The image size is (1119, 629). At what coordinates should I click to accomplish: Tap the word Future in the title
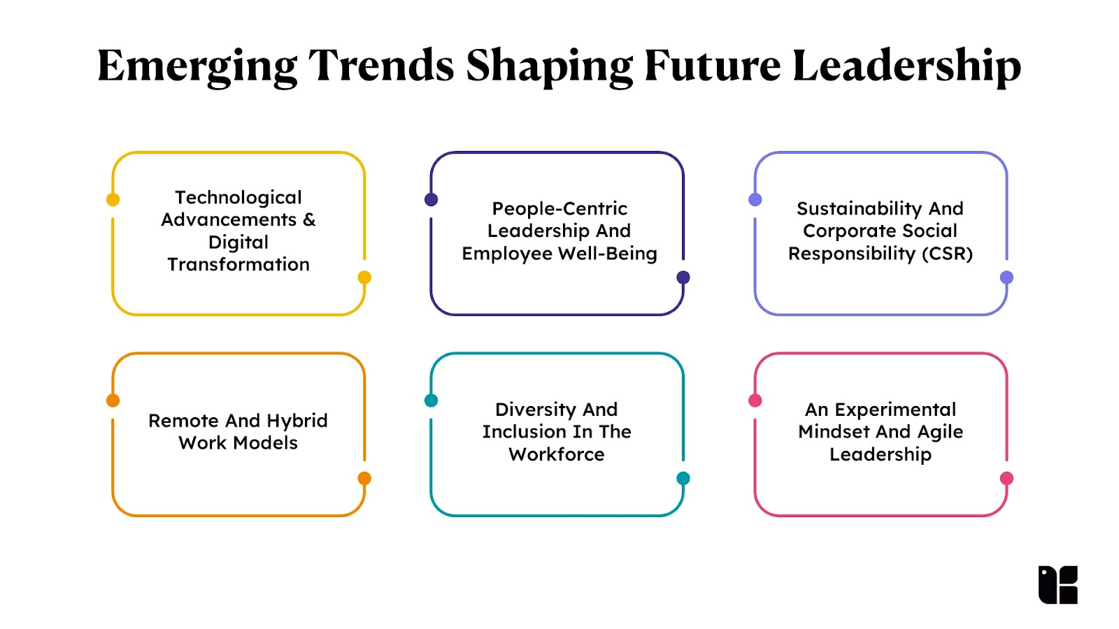[x=713, y=66]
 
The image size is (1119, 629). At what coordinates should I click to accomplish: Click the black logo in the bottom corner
[x=1057, y=584]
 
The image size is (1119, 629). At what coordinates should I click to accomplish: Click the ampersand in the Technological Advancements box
[x=309, y=219]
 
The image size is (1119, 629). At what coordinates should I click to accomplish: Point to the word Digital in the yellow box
[x=238, y=243]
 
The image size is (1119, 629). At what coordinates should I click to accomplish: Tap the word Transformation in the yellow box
[x=238, y=265]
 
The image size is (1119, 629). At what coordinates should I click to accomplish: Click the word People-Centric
[x=559, y=209]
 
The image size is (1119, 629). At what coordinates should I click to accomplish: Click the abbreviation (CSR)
[x=947, y=254]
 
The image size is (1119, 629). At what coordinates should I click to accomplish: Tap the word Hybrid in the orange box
[x=297, y=421]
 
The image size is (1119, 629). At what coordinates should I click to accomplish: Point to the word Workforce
[x=557, y=454]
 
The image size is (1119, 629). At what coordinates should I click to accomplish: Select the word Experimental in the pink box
[x=895, y=410]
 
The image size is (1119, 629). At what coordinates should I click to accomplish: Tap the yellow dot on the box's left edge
[x=113, y=200]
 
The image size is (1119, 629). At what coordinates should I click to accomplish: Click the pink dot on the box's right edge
[x=1006, y=478]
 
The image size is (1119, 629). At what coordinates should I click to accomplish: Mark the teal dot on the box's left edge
[x=431, y=400]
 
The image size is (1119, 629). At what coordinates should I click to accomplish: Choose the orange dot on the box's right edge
[x=364, y=478]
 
